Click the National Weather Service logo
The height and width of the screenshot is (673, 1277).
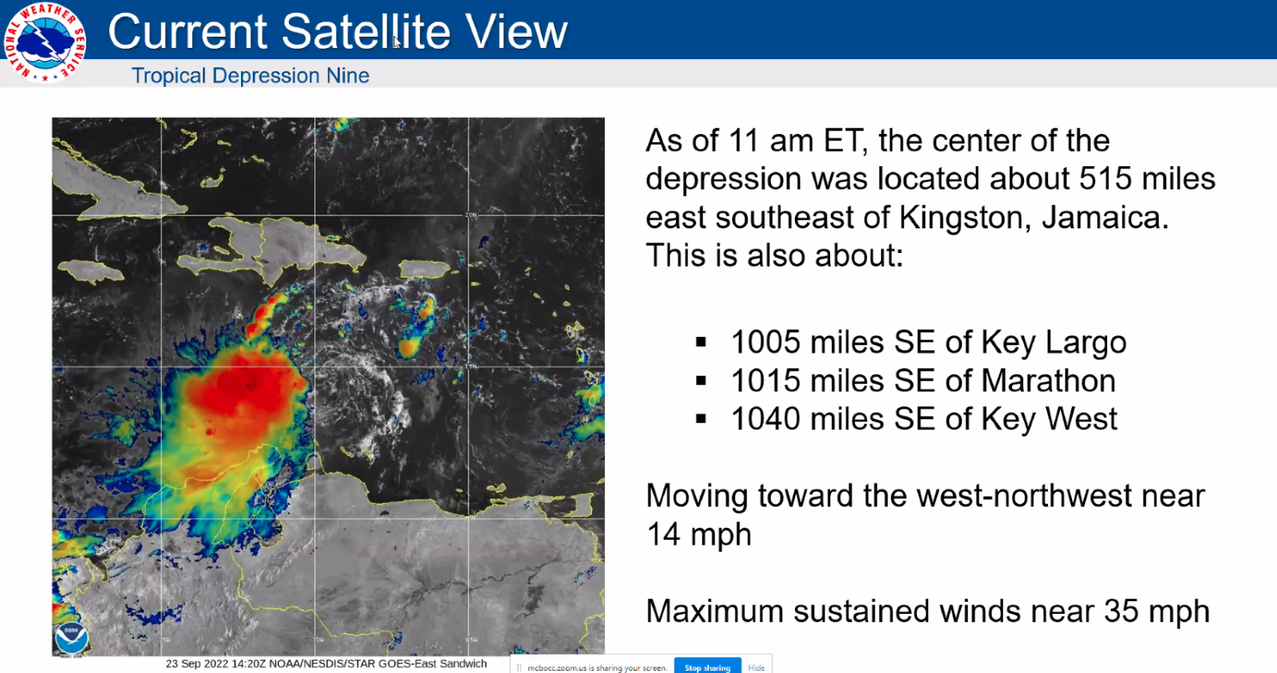point(44,42)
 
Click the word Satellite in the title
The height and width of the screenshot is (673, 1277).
point(366,32)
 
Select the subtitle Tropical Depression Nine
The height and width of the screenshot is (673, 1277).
point(250,76)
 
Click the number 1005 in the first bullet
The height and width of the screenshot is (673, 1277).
point(765,342)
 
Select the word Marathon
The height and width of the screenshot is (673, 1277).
point(1048,381)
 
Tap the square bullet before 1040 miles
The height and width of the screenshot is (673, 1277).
point(701,418)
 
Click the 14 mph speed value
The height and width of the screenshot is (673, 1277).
point(698,534)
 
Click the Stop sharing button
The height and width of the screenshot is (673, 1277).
point(707,667)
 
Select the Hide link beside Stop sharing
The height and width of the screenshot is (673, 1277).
point(756,667)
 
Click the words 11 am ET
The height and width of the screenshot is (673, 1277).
point(795,141)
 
